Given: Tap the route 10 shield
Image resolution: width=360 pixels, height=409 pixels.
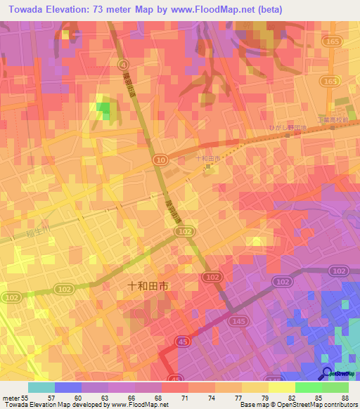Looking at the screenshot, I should (162, 161).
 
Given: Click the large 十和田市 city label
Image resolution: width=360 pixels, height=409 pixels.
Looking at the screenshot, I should (148, 286).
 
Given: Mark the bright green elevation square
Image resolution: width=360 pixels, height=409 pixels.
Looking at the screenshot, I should (103, 110).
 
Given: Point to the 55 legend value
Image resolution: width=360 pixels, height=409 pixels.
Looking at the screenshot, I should (25, 398).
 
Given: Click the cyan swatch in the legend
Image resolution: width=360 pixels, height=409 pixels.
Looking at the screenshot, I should (41, 387).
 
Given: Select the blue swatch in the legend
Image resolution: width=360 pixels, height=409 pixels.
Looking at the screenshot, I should (67, 387).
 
